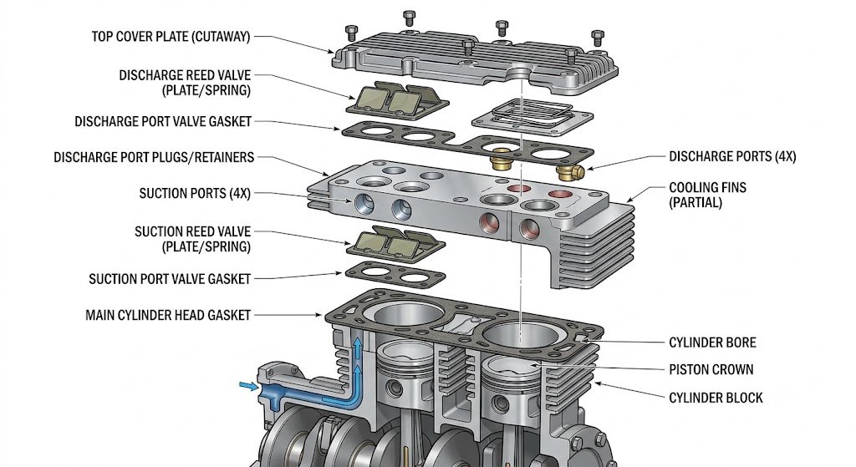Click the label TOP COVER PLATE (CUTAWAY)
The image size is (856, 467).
pos(171,37)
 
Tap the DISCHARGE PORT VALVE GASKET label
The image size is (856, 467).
pos(163,121)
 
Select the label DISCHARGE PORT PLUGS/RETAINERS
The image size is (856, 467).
pos(154,158)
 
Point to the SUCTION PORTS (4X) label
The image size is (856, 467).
pos(195,194)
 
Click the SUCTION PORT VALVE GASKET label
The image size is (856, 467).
pos(170,279)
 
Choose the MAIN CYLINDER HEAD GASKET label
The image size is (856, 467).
pos(168,315)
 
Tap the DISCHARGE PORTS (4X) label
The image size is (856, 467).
pos(732,156)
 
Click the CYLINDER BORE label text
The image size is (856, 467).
pos(712,343)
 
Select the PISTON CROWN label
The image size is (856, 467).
pos(711,369)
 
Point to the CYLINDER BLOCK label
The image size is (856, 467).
pos(716,398)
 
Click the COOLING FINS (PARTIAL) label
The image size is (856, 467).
pos(707,195)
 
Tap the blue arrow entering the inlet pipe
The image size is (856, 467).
pos(249,386)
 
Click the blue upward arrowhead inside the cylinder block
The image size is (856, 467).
pos(358,343)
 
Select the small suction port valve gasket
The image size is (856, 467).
pos(395,273)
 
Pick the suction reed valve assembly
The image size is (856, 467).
pos(395,241)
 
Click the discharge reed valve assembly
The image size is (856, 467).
pos(397,99)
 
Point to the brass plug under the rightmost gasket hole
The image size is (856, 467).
pos(570,172)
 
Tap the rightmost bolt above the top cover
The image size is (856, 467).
pos(598,38)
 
